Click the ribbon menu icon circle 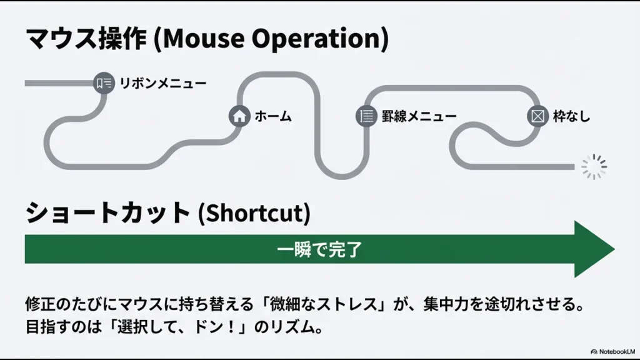point(103,83)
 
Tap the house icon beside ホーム point(239,116)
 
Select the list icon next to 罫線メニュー point(366,116)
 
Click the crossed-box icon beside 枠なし point(537,116)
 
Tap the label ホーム point(273,116)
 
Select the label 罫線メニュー point(419,116)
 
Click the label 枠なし point(571,116)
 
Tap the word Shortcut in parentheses point(254,213)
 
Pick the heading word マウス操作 point(85,39)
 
